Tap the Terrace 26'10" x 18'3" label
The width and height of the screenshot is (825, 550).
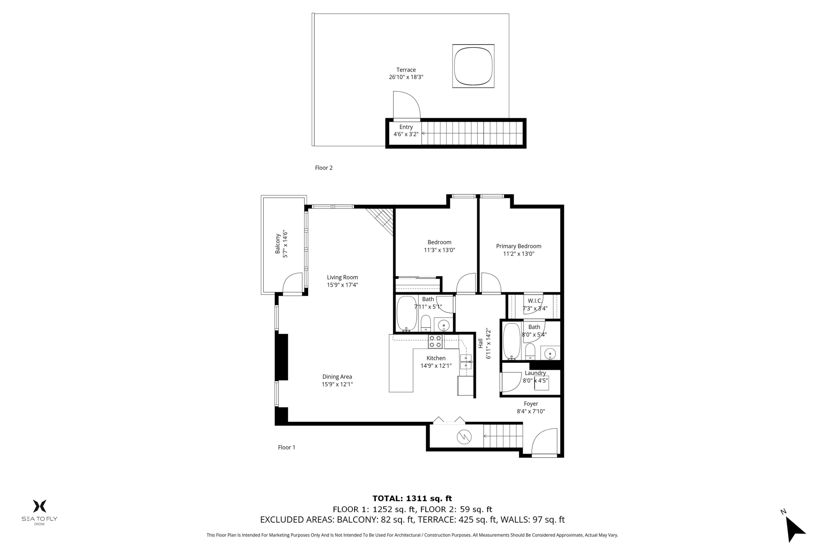pyautogui.click(x=406, y=73)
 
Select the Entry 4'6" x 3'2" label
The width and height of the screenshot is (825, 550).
pyautogui.click(x=406, y=130)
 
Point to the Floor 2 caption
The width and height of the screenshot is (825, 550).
pyautogui.click(x=323, y=168)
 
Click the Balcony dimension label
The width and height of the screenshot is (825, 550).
pyautogui.click(x=281, y=244)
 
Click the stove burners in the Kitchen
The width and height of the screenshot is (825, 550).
pyautogui.click(x=435, y=341)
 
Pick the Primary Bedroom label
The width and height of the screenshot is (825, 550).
pyautogui.click(x=518, y=250)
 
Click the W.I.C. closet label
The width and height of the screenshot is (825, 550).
pyautogui.click(x=535, y=304)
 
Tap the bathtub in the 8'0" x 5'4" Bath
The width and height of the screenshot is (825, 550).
pyautogui.click(x=512, y=341)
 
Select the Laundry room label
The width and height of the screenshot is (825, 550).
pyautogui.click(x=535, y=376)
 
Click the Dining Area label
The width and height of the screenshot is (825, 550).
pyautogui.click(x=337, y=380)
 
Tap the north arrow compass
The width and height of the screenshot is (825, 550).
pyautogui.click(x=794, y=529)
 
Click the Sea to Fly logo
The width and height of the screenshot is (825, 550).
pyautogui.click(x=39, y=512)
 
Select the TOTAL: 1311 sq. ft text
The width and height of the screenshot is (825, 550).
pyautogui.click(x=412, y=498)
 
